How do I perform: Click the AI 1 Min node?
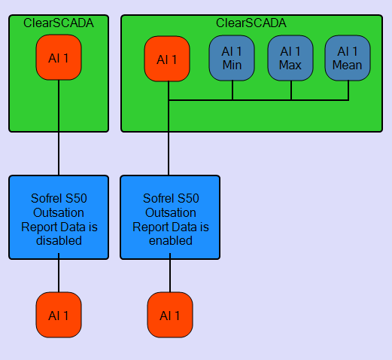pyautogui.click(x=232, y=58)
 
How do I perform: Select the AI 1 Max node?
pyautogui.click(x=290, y=58)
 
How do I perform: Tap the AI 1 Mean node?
pyautogui.click(x=348, y=58)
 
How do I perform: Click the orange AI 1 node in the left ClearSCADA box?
pyautogui.click(x=59, y=57)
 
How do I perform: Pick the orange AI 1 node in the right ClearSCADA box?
pyautogui.click(x=167, y=59)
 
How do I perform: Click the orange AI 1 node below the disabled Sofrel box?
pyautogui.click(x=59, y=315)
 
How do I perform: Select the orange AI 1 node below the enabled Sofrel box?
pyautogui.click(x=170, y=315)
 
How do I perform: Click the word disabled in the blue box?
pyautogui.click(x=59, y=240)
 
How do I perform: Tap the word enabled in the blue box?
pyautogui.click(x=171, y=240)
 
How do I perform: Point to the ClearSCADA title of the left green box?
pyautogui.click(x=59, y=23)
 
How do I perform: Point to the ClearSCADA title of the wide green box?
pyautogui.click(x=251, y=23)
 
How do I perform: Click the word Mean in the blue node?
pyautogui.click(x=348, y=65)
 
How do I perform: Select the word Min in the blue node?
pyautogui.click(x=232, y=65)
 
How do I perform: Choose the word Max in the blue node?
pyautogui.click(x=290, y=65)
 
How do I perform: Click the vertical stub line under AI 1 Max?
pyautogui.click(x=291, y=90)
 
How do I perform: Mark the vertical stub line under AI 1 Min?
pyautogui.click(x=232, y=90)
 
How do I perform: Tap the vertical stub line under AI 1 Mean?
pyautogui.click(x=348, y=90)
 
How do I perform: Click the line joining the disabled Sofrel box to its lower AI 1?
pyautogui.click(x=59, y=273)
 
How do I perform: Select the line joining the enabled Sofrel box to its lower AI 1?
pyautogui.click(x=170, y=273)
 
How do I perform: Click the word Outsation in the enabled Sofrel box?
pyautogui.click(x=171, y=213)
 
